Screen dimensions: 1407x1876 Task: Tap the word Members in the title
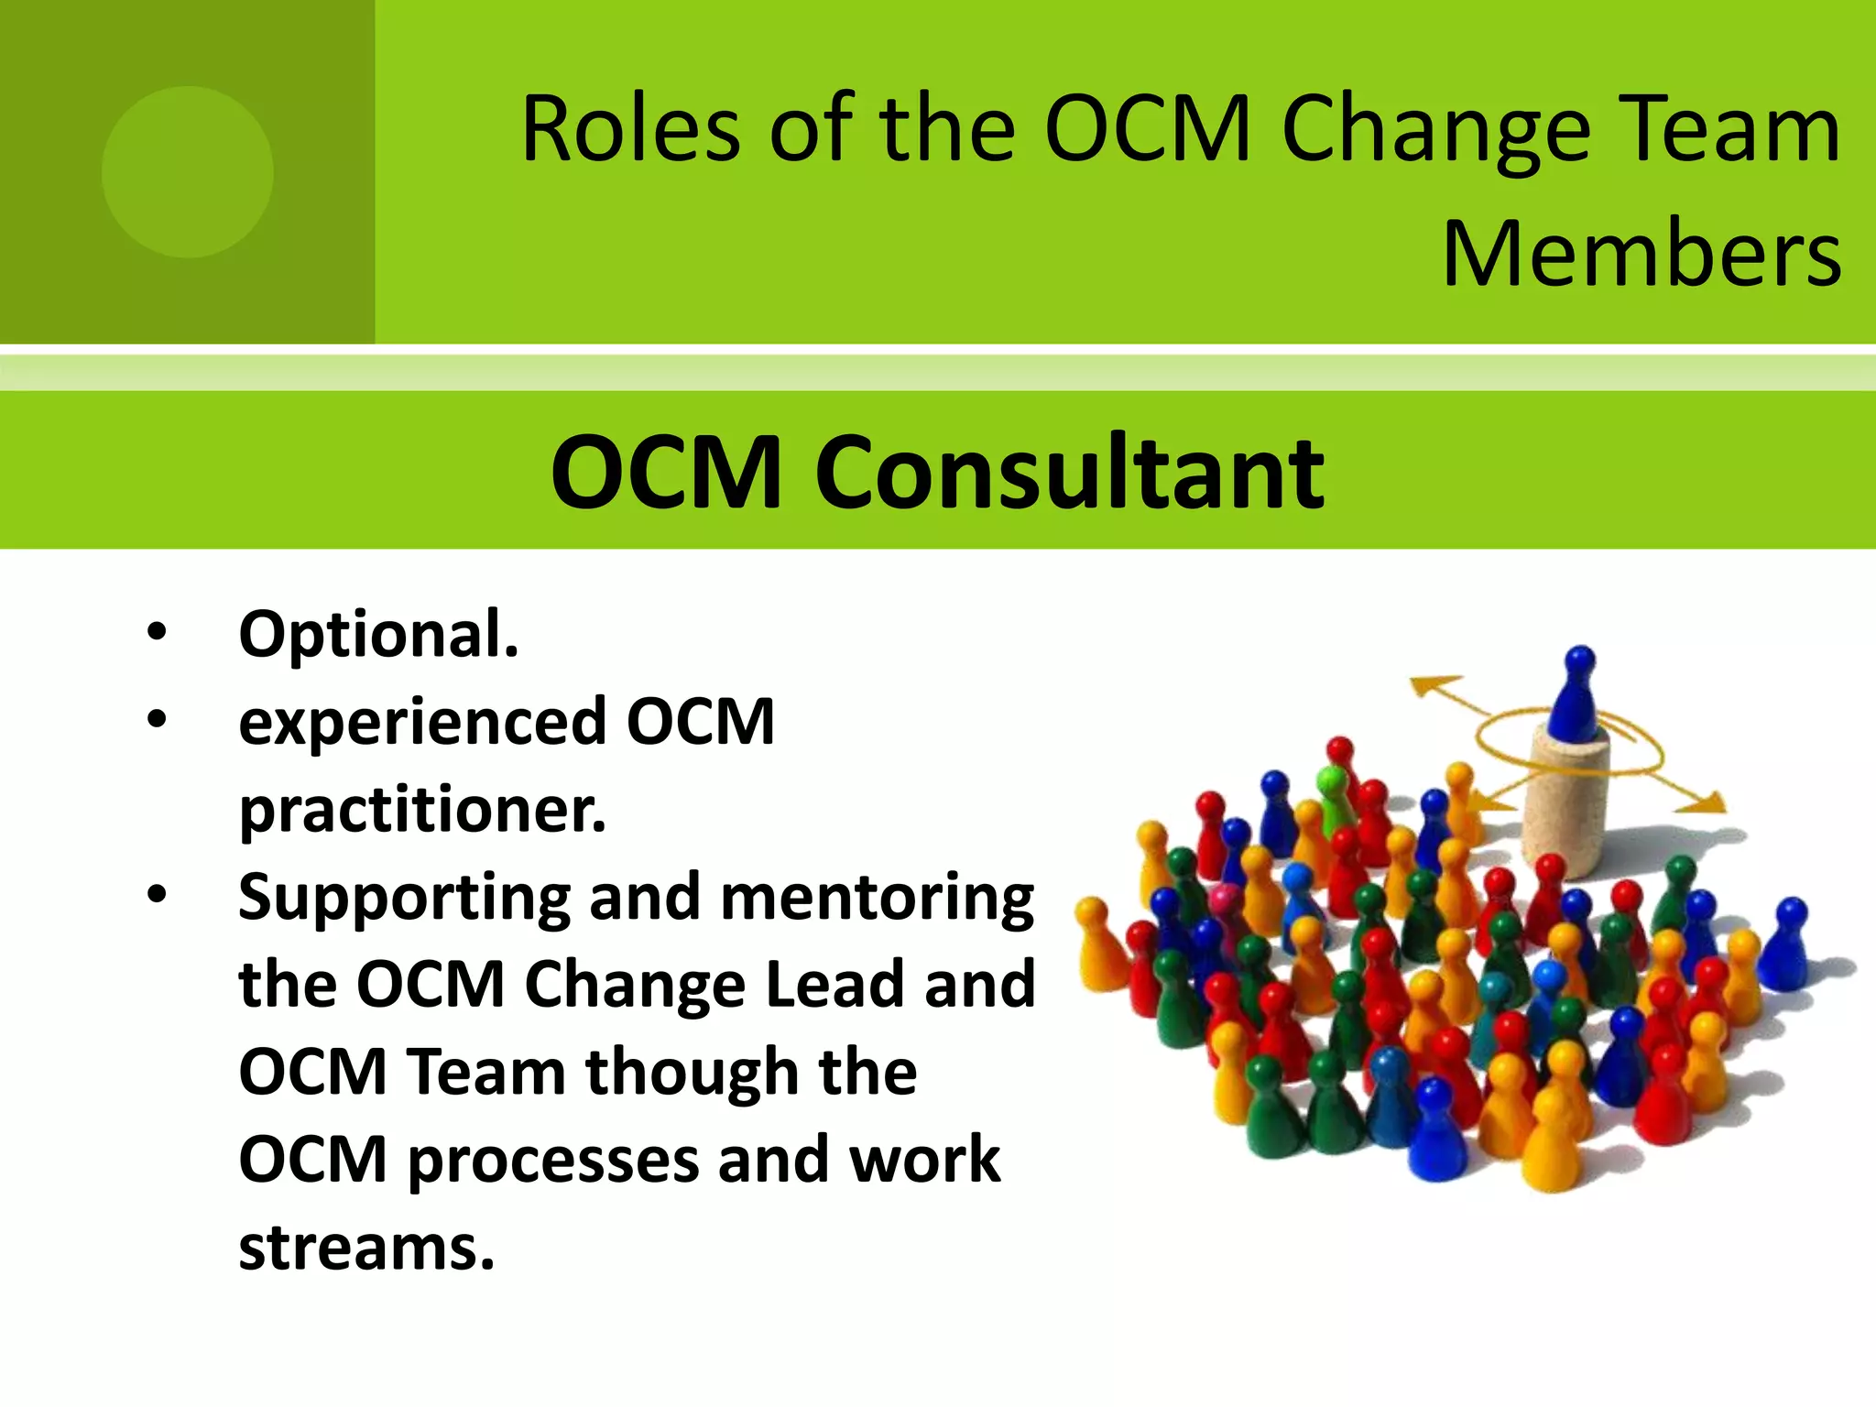pos(1641,254)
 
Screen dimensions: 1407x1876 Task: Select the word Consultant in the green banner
pos(1069,473)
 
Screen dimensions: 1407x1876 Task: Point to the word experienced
pos(422,723)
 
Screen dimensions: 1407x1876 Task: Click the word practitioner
pos(422,811)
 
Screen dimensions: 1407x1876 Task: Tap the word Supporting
pos(404,899)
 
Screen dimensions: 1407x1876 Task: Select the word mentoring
pos(878,899)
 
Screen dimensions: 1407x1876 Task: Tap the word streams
pos(365,1249)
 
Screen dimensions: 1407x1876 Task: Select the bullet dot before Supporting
pos(157,895)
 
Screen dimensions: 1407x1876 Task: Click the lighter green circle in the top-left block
pos(187,171)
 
